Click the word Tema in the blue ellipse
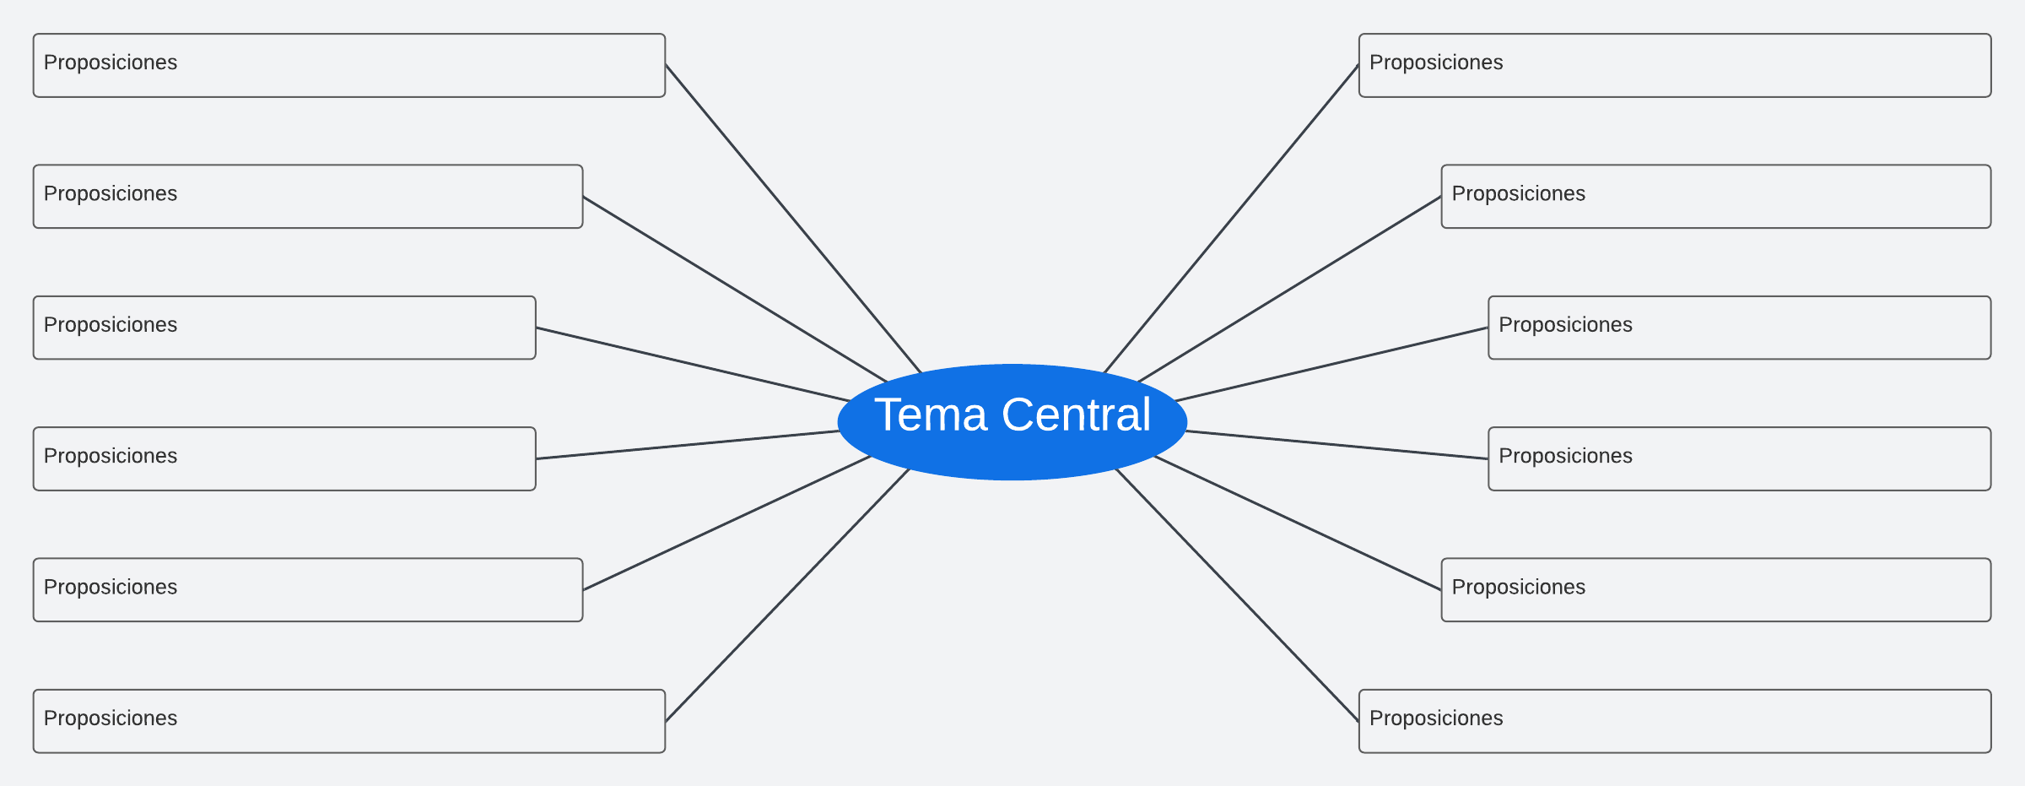[930, 415]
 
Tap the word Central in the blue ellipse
[1076, 415]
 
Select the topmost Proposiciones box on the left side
[349, 66]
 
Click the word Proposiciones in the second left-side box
[111, 194]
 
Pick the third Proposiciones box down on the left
[284, 328]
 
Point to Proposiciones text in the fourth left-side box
[111, 457]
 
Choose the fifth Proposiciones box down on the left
[308, 590]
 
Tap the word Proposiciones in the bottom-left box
[111, 718]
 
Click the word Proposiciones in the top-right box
[1436, 63]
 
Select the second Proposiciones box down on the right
[1716, 197]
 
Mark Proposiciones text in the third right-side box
[1565, 325]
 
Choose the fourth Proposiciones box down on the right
[1740, 459]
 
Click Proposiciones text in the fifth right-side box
[1518, 588]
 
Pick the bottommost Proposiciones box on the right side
[1675, 721]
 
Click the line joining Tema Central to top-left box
[793, 218]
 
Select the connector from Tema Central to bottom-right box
[1237, 595]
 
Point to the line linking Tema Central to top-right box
[1231, 218]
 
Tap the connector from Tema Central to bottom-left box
[787, 595]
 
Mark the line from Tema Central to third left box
[692, 364]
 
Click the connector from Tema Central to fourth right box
[1337, 445]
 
